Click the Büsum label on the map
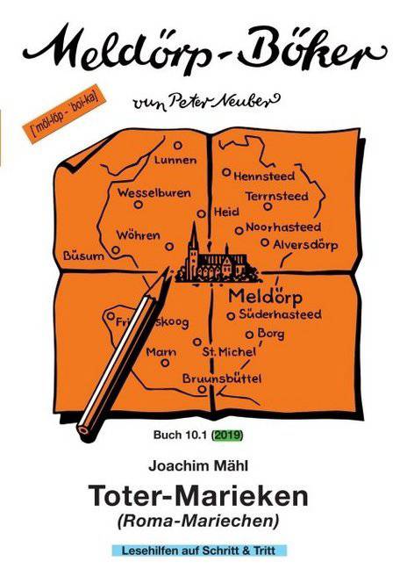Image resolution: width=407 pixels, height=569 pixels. click(x=83, y=256)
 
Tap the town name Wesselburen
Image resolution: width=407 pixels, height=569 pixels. click(x=154, y=192)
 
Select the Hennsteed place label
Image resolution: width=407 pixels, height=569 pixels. click(x=264, y=176)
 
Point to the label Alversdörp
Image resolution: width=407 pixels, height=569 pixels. click(x=305, y=245)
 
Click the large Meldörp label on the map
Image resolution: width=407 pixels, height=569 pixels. click(x=265, y=297)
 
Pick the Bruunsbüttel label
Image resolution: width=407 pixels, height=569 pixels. click(x=222, y=378)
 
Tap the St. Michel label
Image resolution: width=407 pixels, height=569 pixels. click(x=229, y=351)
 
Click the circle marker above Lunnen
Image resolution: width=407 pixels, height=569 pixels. click(x=177, y=146)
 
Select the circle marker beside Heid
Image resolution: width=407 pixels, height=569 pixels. click(x=201, y=213)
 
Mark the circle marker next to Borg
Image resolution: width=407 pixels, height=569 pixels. click(x=249, y=335)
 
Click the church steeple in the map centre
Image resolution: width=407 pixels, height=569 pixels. click(x=194, y=240)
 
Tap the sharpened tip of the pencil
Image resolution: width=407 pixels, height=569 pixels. click(x=169, y=269)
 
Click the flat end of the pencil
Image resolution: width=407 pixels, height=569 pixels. click(x=83, y=429)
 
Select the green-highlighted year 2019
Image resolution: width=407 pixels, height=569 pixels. click(x=227, y=435)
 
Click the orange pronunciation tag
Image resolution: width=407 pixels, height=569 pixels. click(x=64, y=113)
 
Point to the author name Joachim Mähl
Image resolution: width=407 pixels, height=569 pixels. click(x=198, y=465)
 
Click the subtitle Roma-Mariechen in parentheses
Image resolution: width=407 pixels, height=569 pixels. click(x=198, y=521)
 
